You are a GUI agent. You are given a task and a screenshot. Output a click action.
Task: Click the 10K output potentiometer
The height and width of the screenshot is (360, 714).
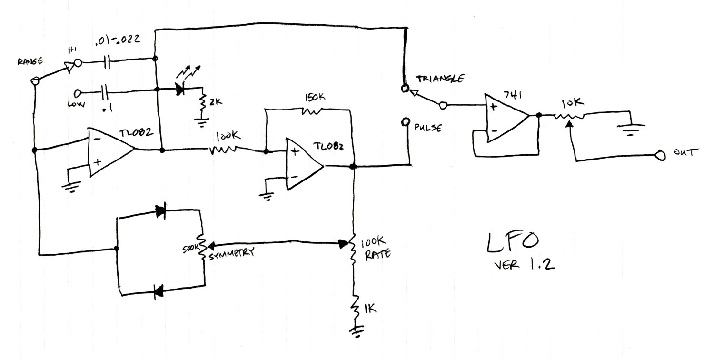click(568, 116)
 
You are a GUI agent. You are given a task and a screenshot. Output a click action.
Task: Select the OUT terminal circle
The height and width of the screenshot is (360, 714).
click(660, 155)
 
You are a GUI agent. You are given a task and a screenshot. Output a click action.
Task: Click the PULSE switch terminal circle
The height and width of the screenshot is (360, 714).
click(406, 122)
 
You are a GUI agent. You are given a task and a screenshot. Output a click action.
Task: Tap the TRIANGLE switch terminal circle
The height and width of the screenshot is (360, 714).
click(405, 88)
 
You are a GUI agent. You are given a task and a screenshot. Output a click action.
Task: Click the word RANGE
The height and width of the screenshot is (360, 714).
click(30, 61)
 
